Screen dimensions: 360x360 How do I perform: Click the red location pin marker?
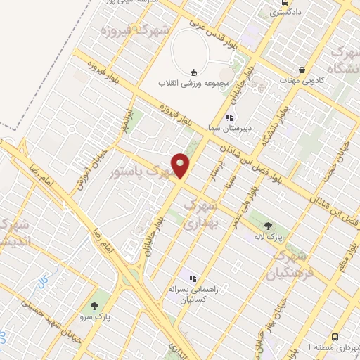[x=181, y=166]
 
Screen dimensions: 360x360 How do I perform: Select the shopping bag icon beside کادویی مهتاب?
[x=302, y=70]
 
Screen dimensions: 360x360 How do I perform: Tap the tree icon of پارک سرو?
[x=94, y=306]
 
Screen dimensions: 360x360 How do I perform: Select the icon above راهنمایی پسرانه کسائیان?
[x=192, y=278]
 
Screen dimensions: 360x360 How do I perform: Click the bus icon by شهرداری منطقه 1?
[x=335, y=336]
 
